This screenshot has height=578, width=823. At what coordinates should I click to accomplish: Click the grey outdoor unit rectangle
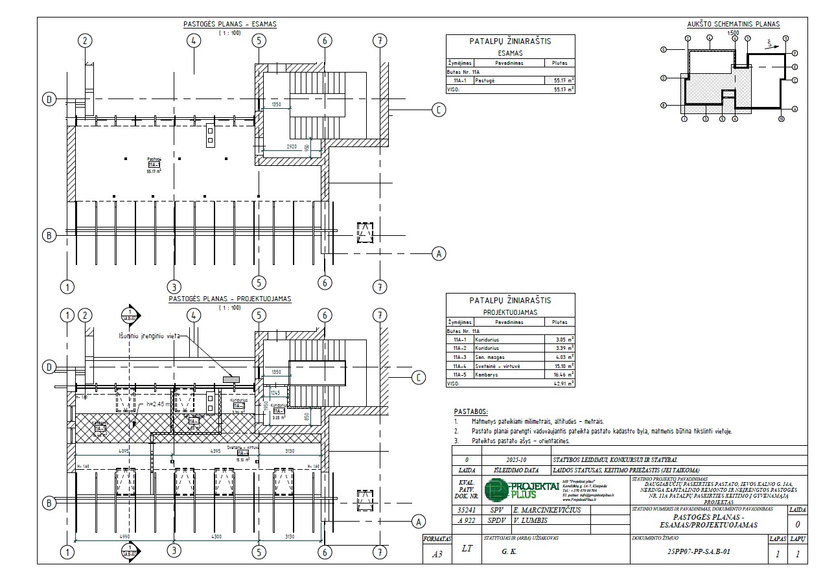pyautogui.click(x=231, y=377)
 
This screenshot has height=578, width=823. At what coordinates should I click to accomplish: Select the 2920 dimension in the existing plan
pyautogui.click(x=292, y=146)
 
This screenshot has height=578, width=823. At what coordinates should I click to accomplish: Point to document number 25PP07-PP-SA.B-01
pyautogui.click(x=699, y=554)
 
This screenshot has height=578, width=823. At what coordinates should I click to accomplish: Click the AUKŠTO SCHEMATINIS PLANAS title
pyautogui.click(x=733, y=25)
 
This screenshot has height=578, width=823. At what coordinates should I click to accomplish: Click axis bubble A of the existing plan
pyautogui.click(x=439, y=254)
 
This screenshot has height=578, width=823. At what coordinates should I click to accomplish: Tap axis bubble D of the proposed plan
pyautogui.click(x=48, y=367)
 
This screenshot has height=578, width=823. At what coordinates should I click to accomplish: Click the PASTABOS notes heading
pyautogui.click(x=471, y=411)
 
